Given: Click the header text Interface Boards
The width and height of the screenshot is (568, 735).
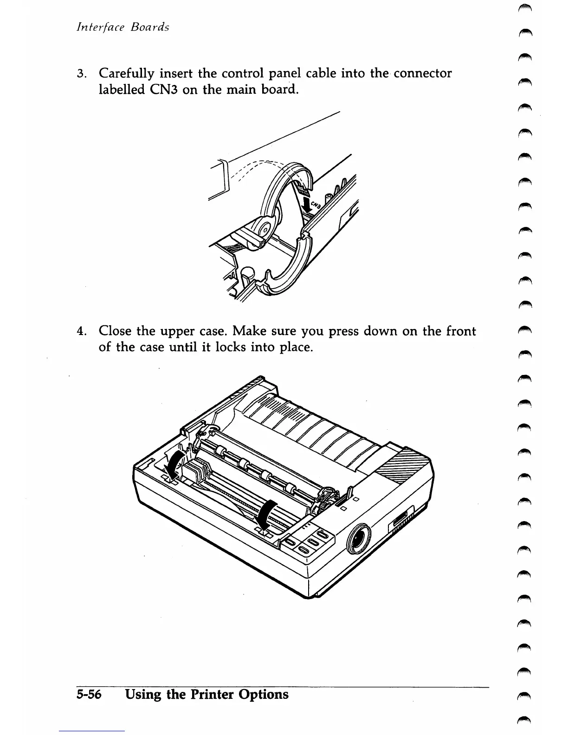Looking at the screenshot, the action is point(123,27).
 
